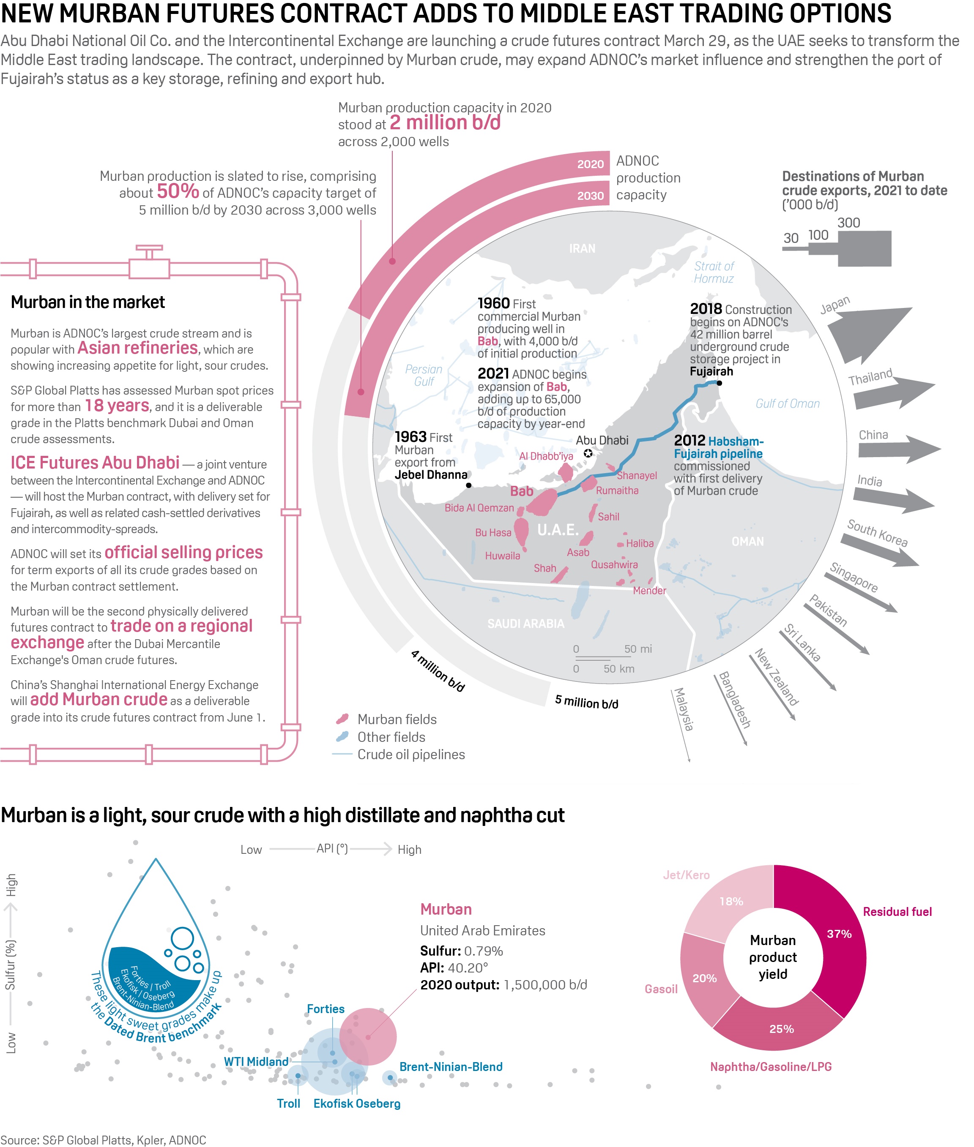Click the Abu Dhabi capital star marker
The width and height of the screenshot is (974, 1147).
coord(588,453)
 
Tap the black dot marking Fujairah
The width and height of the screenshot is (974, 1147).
coord(719,383)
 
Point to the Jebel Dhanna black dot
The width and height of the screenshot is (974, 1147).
coord(468,485)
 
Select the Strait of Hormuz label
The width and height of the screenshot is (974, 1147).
coord(714,272)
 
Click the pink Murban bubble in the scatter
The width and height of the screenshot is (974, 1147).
coord(368,1036)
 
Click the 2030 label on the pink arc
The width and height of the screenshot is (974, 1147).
coord(590,196)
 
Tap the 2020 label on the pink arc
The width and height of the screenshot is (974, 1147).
coord(590,164)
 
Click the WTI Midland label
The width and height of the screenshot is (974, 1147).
coord(256,1061)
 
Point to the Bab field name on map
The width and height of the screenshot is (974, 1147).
coord(521,490)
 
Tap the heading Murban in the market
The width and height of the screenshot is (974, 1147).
coord(88,302)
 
